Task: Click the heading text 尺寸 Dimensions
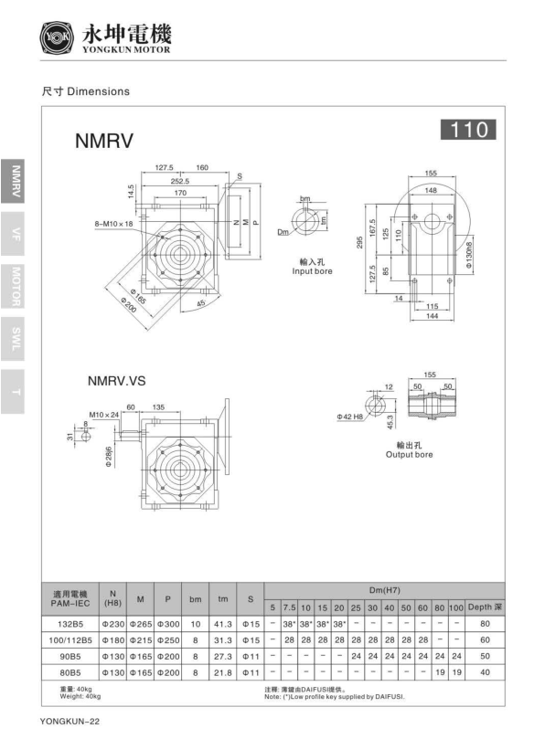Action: (x=85, y=92)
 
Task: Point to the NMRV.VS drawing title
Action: (x=117, y=380)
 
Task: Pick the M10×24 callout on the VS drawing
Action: (x=104, y=415)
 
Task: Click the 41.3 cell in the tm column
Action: (x=221, y=625)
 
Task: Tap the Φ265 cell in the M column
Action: (x=140, y=625)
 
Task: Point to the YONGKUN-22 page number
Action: (x=69, y=723)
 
